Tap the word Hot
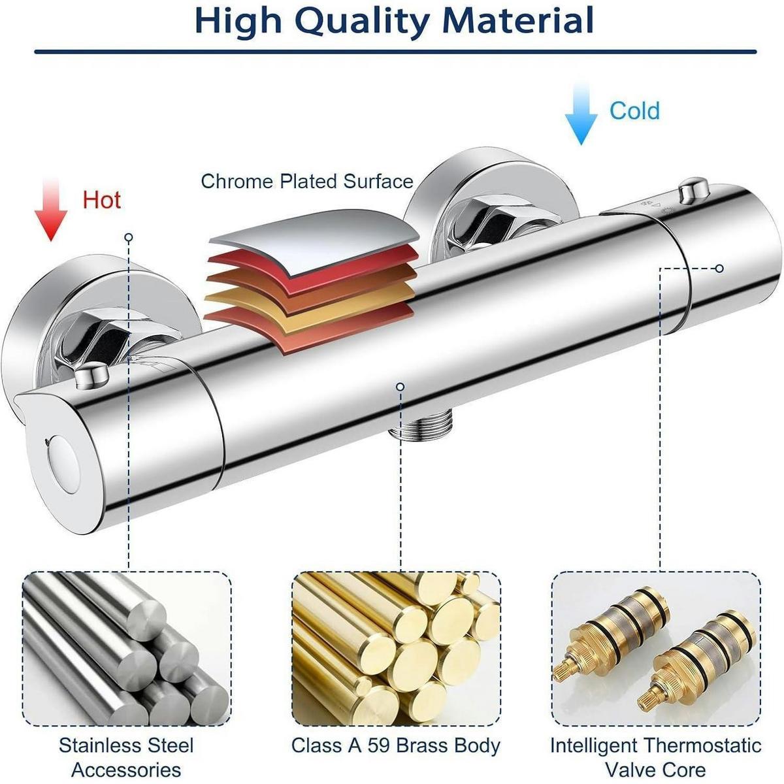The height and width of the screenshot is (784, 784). point(102,200)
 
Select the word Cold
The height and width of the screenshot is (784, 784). point(634,110)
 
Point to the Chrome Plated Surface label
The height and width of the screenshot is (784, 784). point(307,182)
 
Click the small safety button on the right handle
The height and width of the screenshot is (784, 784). point(694,189)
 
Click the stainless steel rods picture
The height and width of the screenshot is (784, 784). point(127,629)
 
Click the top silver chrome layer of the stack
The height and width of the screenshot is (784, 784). point(314,240)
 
